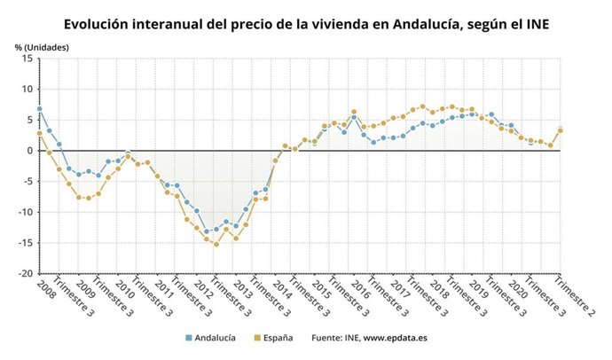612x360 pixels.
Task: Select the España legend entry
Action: tap(275, 338)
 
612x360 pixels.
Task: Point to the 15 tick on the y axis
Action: tap(27, 59)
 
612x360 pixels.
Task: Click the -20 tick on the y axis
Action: tap(25, 273)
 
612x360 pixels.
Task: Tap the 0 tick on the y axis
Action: tap(29, 151)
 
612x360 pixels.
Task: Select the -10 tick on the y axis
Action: tap(25, 212)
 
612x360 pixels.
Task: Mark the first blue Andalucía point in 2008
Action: tap(39, 109)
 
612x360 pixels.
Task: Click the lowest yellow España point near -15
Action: tap(216, 244)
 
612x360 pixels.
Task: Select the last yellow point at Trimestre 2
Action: tap(560, 130)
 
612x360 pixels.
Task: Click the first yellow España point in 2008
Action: tap(39, 134)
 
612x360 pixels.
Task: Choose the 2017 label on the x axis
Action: tap(399, 290)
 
